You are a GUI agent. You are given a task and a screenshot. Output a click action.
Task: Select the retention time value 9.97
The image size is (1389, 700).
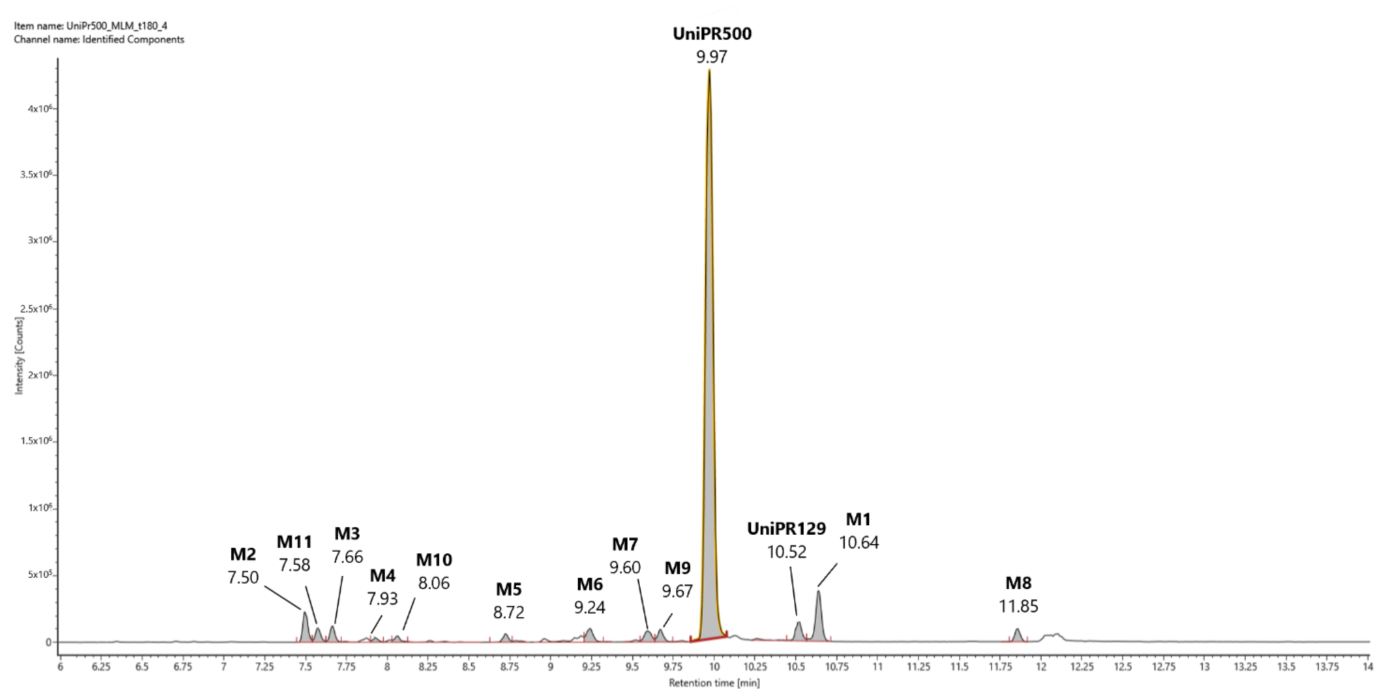click(712, 57)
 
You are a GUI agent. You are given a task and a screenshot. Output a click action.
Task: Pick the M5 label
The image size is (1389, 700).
click(508, 589)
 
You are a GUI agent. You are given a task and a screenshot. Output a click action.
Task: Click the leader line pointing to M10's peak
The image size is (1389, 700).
click(409, 614)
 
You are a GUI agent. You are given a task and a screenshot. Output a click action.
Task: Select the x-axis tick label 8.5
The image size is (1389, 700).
click(469, 667)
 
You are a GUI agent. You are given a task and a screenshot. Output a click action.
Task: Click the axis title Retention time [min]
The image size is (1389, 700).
click(714, 683)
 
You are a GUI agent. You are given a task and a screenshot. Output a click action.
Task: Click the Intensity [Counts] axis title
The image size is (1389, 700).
click(20, 356)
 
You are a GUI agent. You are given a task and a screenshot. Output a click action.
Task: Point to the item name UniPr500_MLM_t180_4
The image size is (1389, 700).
click(116, 26)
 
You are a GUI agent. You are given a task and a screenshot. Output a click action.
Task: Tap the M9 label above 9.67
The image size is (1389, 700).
click(677, 568)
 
